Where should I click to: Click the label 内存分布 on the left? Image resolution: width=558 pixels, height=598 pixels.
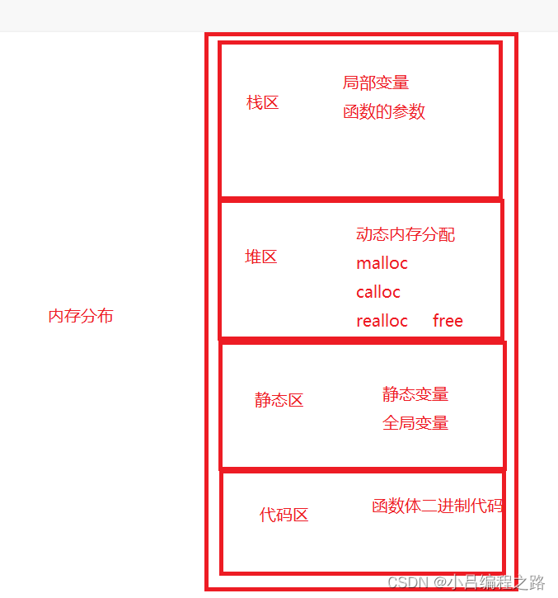(81, 316)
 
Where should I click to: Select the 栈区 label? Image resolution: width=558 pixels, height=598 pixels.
(263, 102)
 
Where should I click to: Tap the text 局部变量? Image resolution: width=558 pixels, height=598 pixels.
(376, 82)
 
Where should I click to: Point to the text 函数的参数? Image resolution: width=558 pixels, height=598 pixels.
(384, 112)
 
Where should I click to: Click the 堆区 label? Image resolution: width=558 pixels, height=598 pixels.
(261, 257)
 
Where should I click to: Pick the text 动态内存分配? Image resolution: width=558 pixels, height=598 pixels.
(406, 234)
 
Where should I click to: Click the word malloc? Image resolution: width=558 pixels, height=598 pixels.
(382, 263)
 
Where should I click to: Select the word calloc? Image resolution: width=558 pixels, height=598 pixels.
(378, 292)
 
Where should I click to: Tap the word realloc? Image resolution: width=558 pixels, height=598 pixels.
(382, 321)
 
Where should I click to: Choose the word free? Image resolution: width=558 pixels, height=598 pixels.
(448, 321)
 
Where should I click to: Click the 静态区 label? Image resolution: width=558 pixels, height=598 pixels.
(279, 400)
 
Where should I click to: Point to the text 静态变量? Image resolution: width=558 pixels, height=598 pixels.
(415, 393)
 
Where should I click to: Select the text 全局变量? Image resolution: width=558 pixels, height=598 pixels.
(415, 422)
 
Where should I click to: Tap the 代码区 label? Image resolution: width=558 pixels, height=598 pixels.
(284, 515)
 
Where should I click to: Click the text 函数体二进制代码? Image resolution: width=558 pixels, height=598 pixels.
(437, 506)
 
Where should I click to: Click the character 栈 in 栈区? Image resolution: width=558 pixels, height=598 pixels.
(255, 102)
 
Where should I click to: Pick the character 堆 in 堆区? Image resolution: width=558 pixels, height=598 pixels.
(253, 257)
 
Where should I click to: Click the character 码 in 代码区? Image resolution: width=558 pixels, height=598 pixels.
(284, 515)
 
